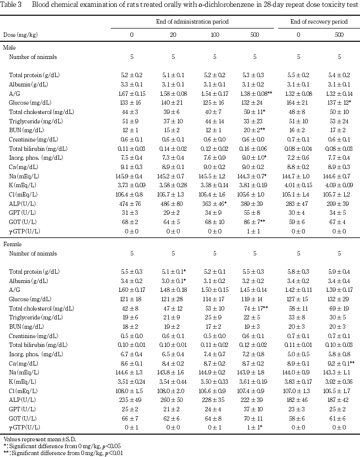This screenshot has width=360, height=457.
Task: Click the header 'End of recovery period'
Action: tap(319, 22)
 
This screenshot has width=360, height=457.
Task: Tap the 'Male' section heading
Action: tap(9, 47)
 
